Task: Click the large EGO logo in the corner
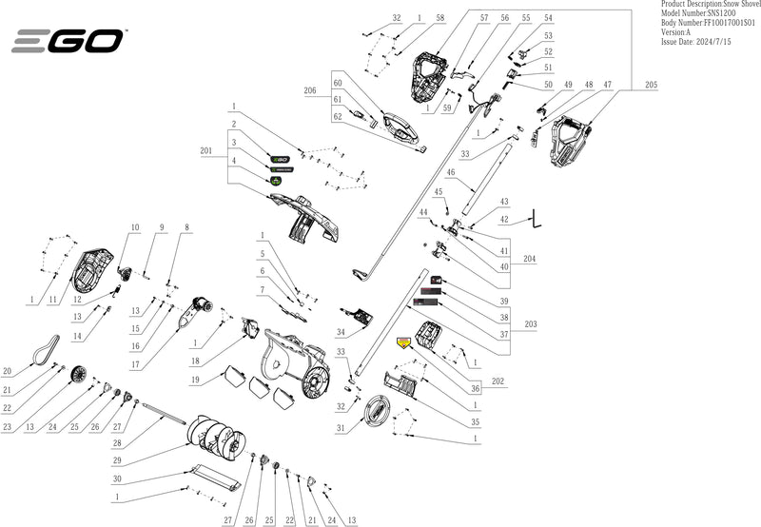[x=67, y=41]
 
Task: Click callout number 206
[x=309, y=90]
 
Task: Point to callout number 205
[x=651, y=86]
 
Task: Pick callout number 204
[x=530, y=258]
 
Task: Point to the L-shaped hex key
[x=537, y=219]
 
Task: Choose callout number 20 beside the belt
[x=7, y=371]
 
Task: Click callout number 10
[x=135, y=227]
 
